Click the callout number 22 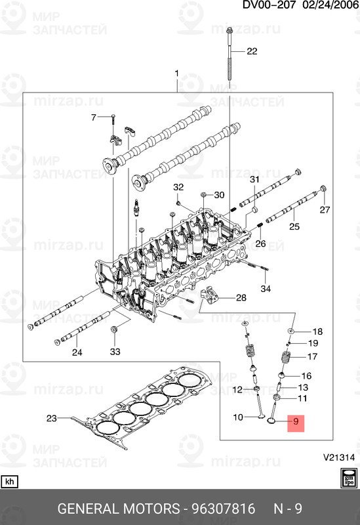252,51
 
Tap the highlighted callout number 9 296,421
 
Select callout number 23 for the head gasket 52,418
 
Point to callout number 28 241,298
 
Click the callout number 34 266,289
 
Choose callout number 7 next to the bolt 94,117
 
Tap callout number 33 115,352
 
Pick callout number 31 254,180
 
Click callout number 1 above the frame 176,73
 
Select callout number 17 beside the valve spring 312,356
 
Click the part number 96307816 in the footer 223,509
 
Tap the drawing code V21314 338,457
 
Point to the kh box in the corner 9,482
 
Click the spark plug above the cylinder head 136,207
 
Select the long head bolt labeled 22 230,54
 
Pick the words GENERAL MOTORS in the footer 119,509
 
